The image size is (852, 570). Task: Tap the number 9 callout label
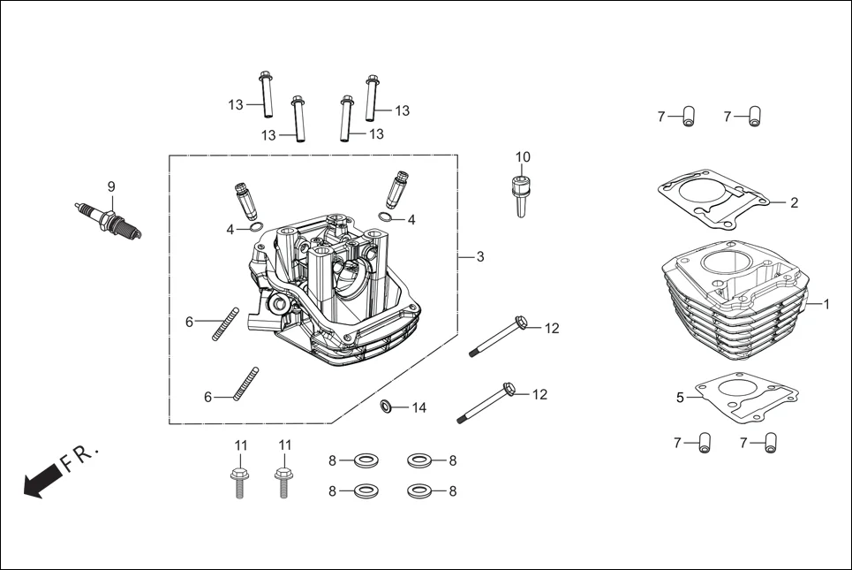(x=111, y=186)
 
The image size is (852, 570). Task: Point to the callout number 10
(x=523, y=157)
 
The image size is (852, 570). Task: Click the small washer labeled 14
(x=387, y=407)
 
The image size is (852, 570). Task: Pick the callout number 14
(x=418, y=407)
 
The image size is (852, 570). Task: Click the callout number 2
(x=794, y=202)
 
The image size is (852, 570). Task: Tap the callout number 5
(x=680, y=398)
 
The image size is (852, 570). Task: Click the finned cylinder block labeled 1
(x=733, y=314)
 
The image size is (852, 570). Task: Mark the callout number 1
(x=826, y=304)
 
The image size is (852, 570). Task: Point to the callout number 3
(x=479, y=257)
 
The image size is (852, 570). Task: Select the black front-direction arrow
(x=40, y=483)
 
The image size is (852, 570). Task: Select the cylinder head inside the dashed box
(x=336, y=292)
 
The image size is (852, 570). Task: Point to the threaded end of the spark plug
(x=132, y=232)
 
